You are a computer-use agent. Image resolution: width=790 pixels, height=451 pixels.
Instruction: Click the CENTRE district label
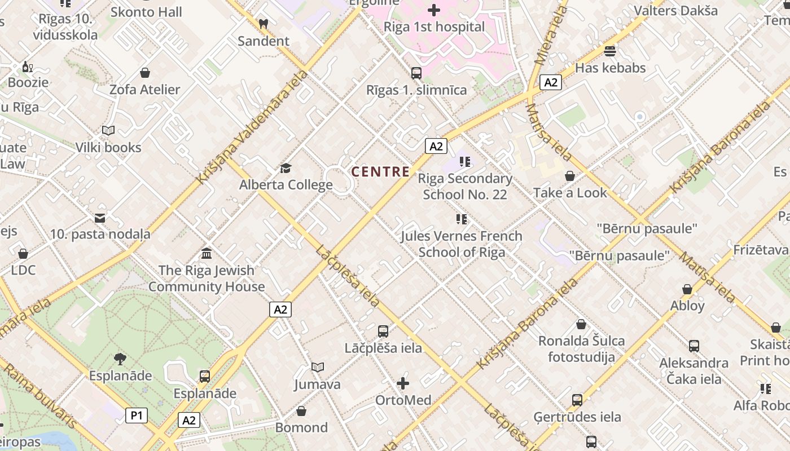[380, 172]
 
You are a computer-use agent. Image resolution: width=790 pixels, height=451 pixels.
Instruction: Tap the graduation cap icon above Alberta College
[286, 169]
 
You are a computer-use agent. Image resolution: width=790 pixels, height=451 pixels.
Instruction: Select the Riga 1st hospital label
[434, 27]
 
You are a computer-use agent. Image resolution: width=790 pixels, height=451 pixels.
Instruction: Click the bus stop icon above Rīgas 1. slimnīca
[416, 73]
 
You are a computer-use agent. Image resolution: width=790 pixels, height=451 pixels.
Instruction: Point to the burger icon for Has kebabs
[609, 51]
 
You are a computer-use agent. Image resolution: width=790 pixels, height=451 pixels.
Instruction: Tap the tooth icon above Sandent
[263, 24]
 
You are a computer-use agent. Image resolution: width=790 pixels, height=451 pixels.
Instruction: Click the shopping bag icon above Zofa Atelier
[145, 73]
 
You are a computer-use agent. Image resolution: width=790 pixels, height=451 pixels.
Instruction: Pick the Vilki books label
[108, 147]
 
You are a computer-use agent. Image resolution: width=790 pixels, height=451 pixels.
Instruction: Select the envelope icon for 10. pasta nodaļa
[100, 218]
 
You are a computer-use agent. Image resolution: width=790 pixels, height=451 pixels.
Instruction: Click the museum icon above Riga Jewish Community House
[207, 254]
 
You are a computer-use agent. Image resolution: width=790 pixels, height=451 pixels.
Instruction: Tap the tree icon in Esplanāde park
[120, 359]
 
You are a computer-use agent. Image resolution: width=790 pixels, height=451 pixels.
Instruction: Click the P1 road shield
[136, 416]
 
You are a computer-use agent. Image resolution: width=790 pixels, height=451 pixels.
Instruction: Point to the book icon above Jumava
[318, 368]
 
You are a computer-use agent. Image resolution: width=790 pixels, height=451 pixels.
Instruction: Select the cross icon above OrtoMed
[403, 384]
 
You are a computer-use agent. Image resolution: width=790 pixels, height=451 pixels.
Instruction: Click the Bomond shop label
[301, 427]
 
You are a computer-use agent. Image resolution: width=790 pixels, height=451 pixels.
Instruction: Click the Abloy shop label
[687, 306]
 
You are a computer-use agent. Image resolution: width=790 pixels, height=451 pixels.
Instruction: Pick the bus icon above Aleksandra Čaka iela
[694, 346]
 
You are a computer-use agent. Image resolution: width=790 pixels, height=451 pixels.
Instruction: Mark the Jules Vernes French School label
[462, 244]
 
